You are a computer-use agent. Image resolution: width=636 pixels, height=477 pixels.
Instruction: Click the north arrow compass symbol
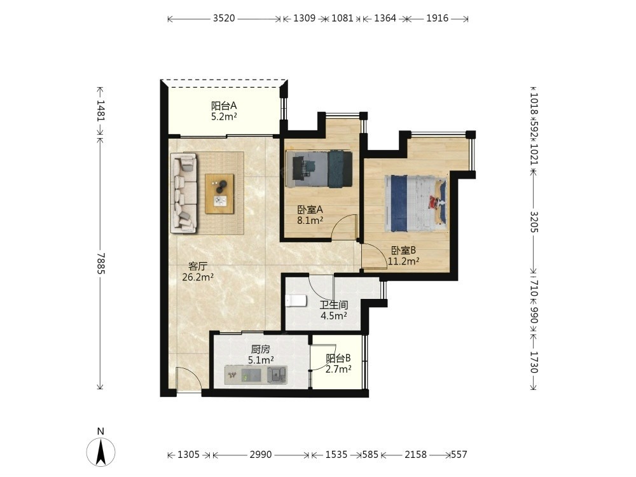coord(100,451)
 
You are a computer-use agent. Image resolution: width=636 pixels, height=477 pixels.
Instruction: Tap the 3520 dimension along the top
coord(224,18)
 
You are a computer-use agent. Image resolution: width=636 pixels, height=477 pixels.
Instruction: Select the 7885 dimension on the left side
coord(100,263)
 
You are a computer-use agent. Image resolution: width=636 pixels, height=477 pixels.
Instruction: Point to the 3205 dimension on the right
coord(534,222)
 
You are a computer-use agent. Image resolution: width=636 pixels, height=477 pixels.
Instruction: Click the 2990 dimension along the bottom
coord(260,455)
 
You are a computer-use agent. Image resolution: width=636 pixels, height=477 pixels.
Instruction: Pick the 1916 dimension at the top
coord(438,18)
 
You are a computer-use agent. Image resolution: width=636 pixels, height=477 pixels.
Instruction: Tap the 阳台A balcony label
coord(224,106)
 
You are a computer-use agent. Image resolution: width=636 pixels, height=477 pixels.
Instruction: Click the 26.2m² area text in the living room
coord(198,277)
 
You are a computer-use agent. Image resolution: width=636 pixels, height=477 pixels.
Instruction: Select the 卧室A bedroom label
coord(310,210)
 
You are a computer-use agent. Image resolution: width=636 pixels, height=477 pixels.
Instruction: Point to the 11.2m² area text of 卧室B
coord(403,261)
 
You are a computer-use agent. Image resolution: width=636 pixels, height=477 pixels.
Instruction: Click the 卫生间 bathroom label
coord(333,305)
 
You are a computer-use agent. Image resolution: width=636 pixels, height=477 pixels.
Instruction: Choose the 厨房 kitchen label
coord(260,349)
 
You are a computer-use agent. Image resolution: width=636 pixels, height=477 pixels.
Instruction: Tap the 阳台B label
coord(338,359)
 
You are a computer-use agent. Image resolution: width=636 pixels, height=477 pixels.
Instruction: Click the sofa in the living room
coord(184,193)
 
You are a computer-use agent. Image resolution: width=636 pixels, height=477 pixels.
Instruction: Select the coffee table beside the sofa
coord(219,193)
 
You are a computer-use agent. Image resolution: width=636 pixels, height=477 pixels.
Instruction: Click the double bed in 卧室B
coord(416,204)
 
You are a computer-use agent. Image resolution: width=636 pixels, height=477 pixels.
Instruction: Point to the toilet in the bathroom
coord(296,301)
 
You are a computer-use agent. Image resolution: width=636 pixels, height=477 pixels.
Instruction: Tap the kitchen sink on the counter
coord(277,374)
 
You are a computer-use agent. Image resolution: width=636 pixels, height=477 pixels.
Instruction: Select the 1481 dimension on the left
coord(100,110)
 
